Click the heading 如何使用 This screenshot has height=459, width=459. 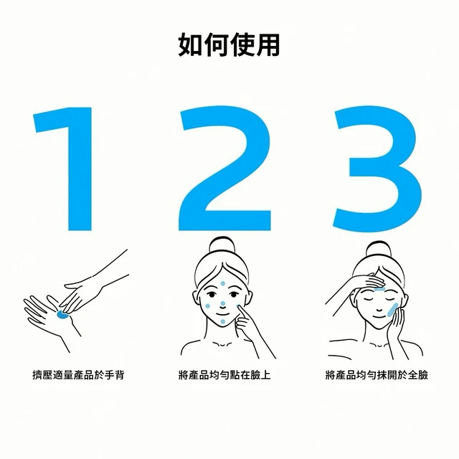tap(229, 44)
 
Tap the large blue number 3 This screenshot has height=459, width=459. tap(378, 169)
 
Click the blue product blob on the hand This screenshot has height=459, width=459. tap(62, 315)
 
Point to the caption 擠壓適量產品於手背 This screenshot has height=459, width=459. tap(78, 375)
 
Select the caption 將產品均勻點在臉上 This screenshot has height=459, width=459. tap(224, 375)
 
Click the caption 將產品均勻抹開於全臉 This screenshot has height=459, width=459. tap(377, 375)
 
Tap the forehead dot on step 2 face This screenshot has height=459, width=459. tap(223, 283)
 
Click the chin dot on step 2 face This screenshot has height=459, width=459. tap(223, 322)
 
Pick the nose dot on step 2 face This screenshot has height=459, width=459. tap(223, 303)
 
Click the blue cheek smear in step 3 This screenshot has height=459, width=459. tap(392, 310)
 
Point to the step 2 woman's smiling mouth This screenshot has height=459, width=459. tap(222, 314)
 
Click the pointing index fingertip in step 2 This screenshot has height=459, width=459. tap(239, 306)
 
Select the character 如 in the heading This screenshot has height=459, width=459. tap(190, 44)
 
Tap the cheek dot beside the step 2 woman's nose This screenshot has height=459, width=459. tap(208, 306)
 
